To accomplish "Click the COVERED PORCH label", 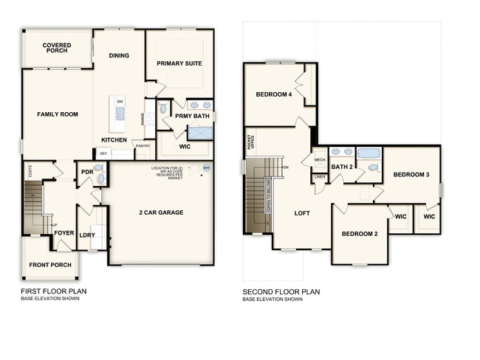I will tap(56, 47).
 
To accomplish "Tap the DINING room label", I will tap(119, 55).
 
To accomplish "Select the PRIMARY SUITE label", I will tap(179, 63).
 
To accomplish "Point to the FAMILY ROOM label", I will tap(58, 114).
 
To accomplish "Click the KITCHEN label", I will tap(114, 140).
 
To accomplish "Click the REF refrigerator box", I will tap(103, 153).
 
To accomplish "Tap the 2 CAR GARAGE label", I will tap(161, 212).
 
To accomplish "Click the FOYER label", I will tap(64, 233).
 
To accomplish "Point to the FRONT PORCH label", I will tap(49, 264).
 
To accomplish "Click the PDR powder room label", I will tap(86, 173).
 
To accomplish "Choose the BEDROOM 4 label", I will tap(274, 94).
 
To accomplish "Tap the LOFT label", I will tap(302, 213).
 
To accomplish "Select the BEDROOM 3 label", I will tap(411, 175).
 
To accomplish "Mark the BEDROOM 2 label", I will tap(360, 234).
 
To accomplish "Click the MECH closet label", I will tap(320, 159).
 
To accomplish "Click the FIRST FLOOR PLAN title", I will tap(53, 291).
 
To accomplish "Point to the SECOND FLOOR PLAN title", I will tap(281, 291).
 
